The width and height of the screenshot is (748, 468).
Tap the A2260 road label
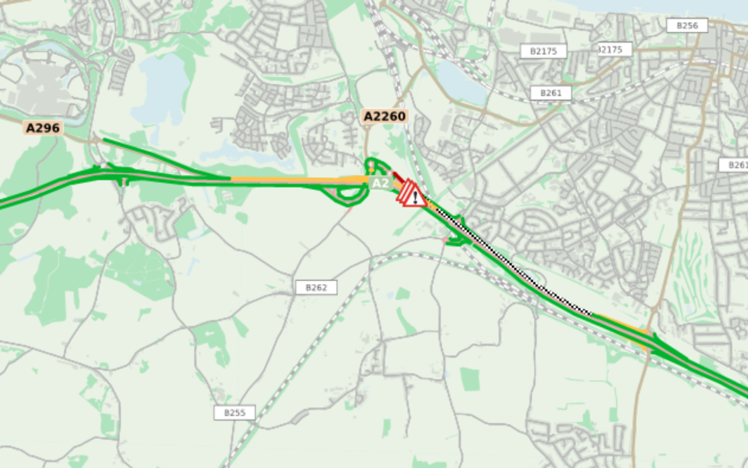tap(385, 116)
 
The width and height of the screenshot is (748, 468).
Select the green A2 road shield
tap(379, 184)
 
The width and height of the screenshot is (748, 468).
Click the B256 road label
tap(686, 25)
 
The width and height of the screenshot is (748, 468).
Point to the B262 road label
tap(316, 287)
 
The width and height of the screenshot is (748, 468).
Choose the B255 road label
tap(234, 412)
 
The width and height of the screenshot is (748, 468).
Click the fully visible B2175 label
tap(543, 50)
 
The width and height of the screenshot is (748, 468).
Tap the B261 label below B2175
tap(550, 92)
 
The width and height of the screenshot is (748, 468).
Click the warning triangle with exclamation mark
tap(414, 195)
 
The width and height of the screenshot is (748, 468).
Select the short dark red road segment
tap(398, 176)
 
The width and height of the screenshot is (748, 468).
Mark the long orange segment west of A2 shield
tap(298, 179)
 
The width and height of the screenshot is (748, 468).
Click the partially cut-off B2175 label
tap(611, 49)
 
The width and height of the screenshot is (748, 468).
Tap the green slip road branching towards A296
tap(153, 157)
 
